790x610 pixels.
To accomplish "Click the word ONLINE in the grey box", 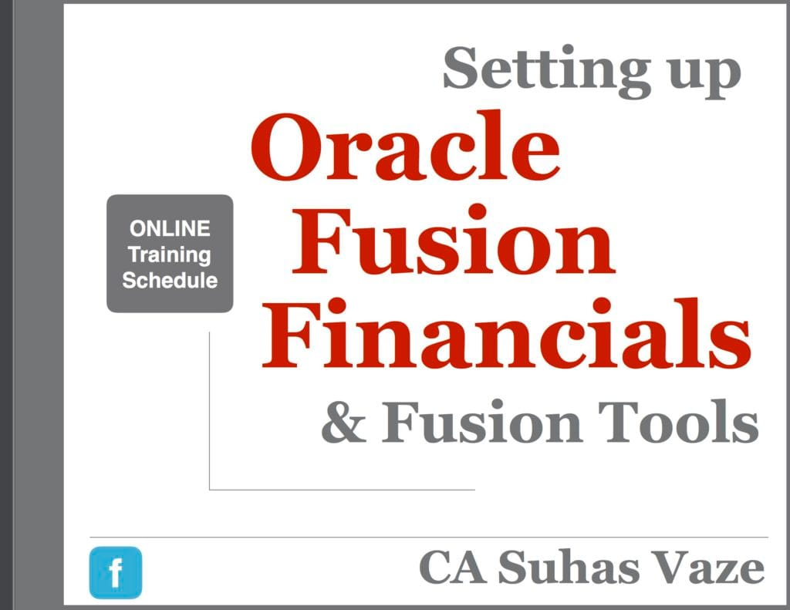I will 170,229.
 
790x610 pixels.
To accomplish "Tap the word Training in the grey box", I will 170,254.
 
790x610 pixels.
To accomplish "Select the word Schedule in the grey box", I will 170,280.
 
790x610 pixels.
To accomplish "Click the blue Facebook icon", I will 116,572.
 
